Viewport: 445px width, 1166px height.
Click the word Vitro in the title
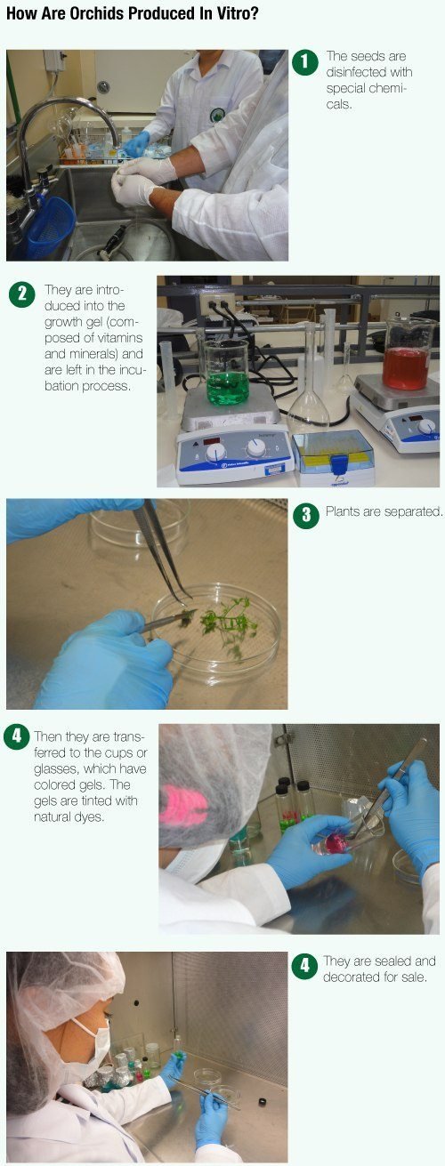tap(239, 14)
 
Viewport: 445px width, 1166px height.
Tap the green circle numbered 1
tap(305, 62)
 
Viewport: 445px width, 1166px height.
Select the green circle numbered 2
tap(22, 294)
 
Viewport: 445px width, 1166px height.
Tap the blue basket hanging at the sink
tap(50, 227)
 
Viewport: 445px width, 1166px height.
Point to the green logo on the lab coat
tap(215, 115)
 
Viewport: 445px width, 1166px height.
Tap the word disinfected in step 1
tap(369, 72)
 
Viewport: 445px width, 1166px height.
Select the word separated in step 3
tap(413, 511)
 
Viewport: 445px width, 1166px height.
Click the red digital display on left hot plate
tap(211, 441)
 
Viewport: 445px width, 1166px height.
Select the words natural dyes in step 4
tap(69, 816)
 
